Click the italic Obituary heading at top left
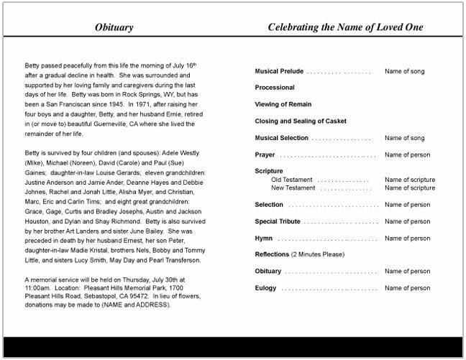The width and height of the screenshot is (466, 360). click(x=114, y=28)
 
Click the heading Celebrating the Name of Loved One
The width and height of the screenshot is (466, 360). click(x=345, y=28)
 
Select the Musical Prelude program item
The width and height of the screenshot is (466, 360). click(x=279, y=72)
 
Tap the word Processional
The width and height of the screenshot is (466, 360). click(x=275, y=88)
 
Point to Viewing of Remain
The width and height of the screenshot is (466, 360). click(x=281, y=105)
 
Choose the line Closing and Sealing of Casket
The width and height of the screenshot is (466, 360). click(x=301, y=121)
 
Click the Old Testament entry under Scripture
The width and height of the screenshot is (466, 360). click(x=291, y=180)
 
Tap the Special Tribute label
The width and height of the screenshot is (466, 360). click(x=277, y=221)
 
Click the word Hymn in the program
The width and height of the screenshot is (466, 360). click(x=263, y=238)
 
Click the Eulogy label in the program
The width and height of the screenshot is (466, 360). click(x=266, y=288)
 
